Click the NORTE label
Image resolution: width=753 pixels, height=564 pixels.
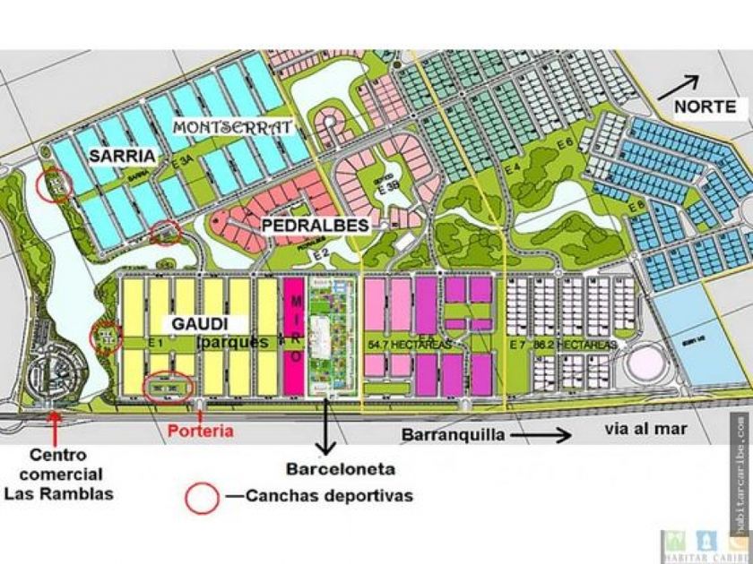tap(705, 106)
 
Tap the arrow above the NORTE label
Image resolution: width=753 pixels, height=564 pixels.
tap(680, 87)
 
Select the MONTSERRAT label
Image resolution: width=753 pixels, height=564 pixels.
tap(232, 127)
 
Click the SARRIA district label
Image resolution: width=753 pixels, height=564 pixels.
tap(122, 156)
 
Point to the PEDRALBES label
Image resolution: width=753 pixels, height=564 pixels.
tap(316, 226)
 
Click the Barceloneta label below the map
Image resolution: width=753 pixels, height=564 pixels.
tap(328, 468)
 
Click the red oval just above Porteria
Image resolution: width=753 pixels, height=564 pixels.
tap(169, 386)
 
